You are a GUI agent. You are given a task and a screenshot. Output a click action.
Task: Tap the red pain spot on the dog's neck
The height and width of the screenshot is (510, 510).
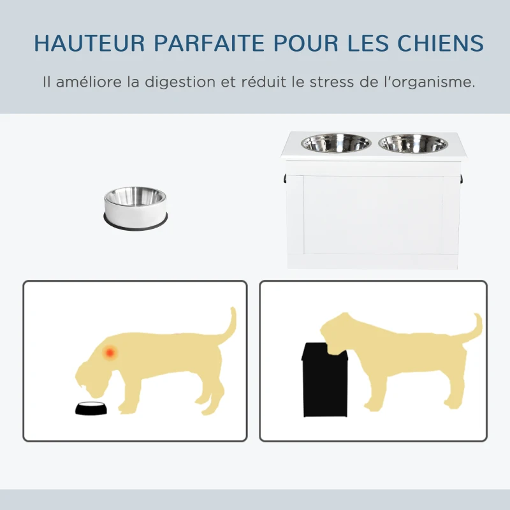pos(110,351)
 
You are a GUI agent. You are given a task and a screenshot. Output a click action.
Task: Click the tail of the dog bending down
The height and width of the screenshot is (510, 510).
pos(228,325)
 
